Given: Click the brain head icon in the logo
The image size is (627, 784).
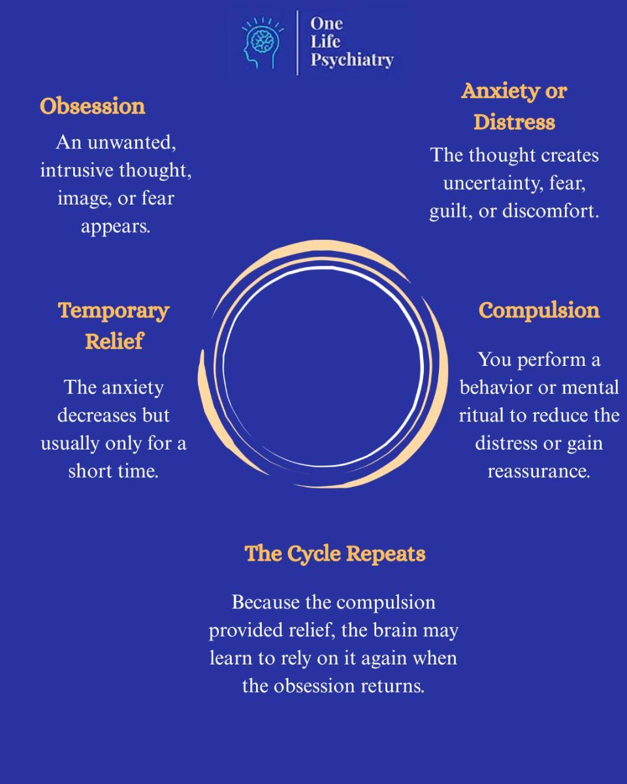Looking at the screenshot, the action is [263, 43].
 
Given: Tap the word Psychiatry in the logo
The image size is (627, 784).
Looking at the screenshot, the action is [352, 59].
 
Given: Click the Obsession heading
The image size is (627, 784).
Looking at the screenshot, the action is [93, 106].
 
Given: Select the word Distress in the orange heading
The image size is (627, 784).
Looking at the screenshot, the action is [514, 122].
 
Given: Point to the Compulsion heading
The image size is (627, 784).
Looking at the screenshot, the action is [539, 311].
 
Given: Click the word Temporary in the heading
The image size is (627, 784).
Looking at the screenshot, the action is [114, 312].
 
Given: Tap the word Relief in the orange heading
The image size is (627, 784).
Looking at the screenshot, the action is [114, 341].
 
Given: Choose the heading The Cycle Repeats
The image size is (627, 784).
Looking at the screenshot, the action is [335, 554].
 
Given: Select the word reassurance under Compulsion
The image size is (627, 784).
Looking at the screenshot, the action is [539, 472].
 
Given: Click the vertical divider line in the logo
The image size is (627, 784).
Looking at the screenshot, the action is [298, 42].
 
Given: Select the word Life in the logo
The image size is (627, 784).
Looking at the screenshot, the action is [325, 42].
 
